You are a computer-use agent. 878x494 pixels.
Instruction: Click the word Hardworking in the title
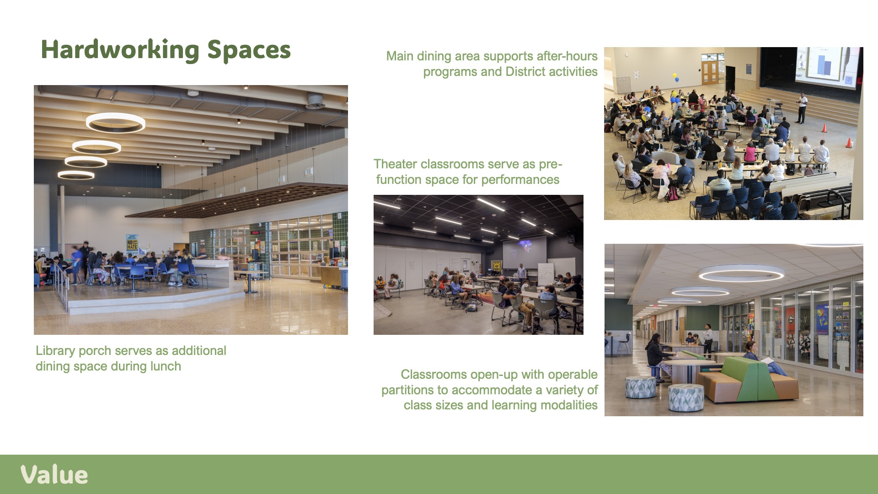(x=120, y=50)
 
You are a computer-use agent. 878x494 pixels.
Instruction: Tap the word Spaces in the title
(x=249, y=51)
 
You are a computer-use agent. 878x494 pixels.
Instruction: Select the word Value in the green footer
(x=54, y=475)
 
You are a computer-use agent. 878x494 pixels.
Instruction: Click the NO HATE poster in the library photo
(x=132, y=245)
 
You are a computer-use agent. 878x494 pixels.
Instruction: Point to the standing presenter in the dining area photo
(x=801, y=108)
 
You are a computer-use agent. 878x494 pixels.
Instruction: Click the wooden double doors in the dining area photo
(x=710, y=73)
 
